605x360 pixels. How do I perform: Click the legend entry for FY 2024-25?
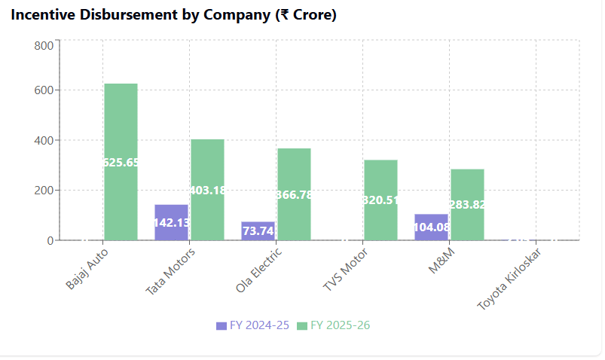252,325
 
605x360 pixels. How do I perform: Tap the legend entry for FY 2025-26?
333,325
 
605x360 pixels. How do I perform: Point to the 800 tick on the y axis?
44,45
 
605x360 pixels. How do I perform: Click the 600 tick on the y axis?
44,90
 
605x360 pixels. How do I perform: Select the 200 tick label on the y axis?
44,191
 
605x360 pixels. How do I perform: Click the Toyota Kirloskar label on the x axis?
511,279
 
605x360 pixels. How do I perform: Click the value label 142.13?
171,222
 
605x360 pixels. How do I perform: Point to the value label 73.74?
258,231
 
